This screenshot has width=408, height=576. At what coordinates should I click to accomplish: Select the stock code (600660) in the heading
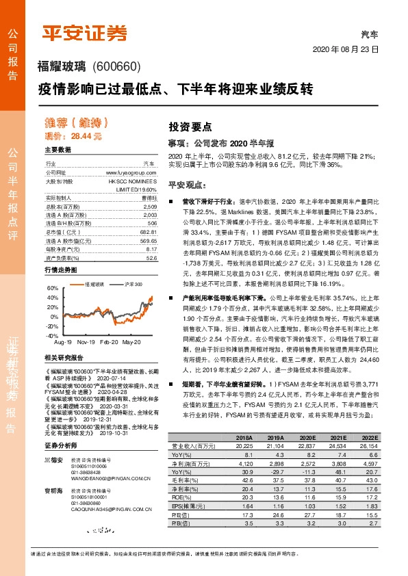115,66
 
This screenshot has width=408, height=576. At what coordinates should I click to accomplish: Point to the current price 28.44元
82,137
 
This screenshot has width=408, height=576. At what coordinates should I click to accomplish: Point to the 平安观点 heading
187,185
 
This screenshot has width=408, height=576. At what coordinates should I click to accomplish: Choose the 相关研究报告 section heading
64,358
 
